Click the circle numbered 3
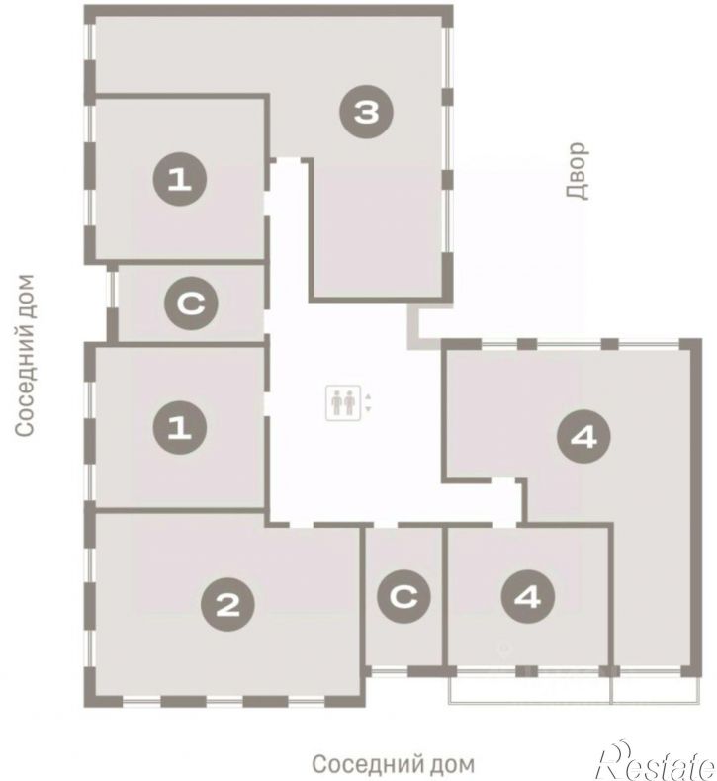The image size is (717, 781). click(x=366, y=112)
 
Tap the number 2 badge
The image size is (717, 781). click(x=227, y=604)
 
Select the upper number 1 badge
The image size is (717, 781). click(x=180, y=179)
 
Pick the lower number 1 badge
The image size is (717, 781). click(x=180, y=427)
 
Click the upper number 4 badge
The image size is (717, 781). click(x=583, y=437)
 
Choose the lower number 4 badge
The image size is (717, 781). click(x=528, y=597)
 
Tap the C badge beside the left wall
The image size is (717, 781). click(x=191, y=303)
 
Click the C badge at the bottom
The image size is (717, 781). click(x=404, y=597)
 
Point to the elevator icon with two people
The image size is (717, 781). click(x=343, y=403)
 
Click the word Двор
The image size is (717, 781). click(x=577, y=171)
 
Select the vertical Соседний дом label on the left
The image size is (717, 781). click(x=25, y=356)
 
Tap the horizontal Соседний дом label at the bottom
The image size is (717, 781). click(x=394, y=763)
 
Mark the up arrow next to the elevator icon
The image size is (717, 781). click(x=368, y=397)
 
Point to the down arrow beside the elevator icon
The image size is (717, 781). click(x=368, y=409)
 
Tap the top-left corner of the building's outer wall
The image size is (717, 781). click(x=90, y=11)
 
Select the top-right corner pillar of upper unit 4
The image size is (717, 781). click(x=691, y=345)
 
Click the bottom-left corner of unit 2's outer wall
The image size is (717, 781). click(x=90, y=702)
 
